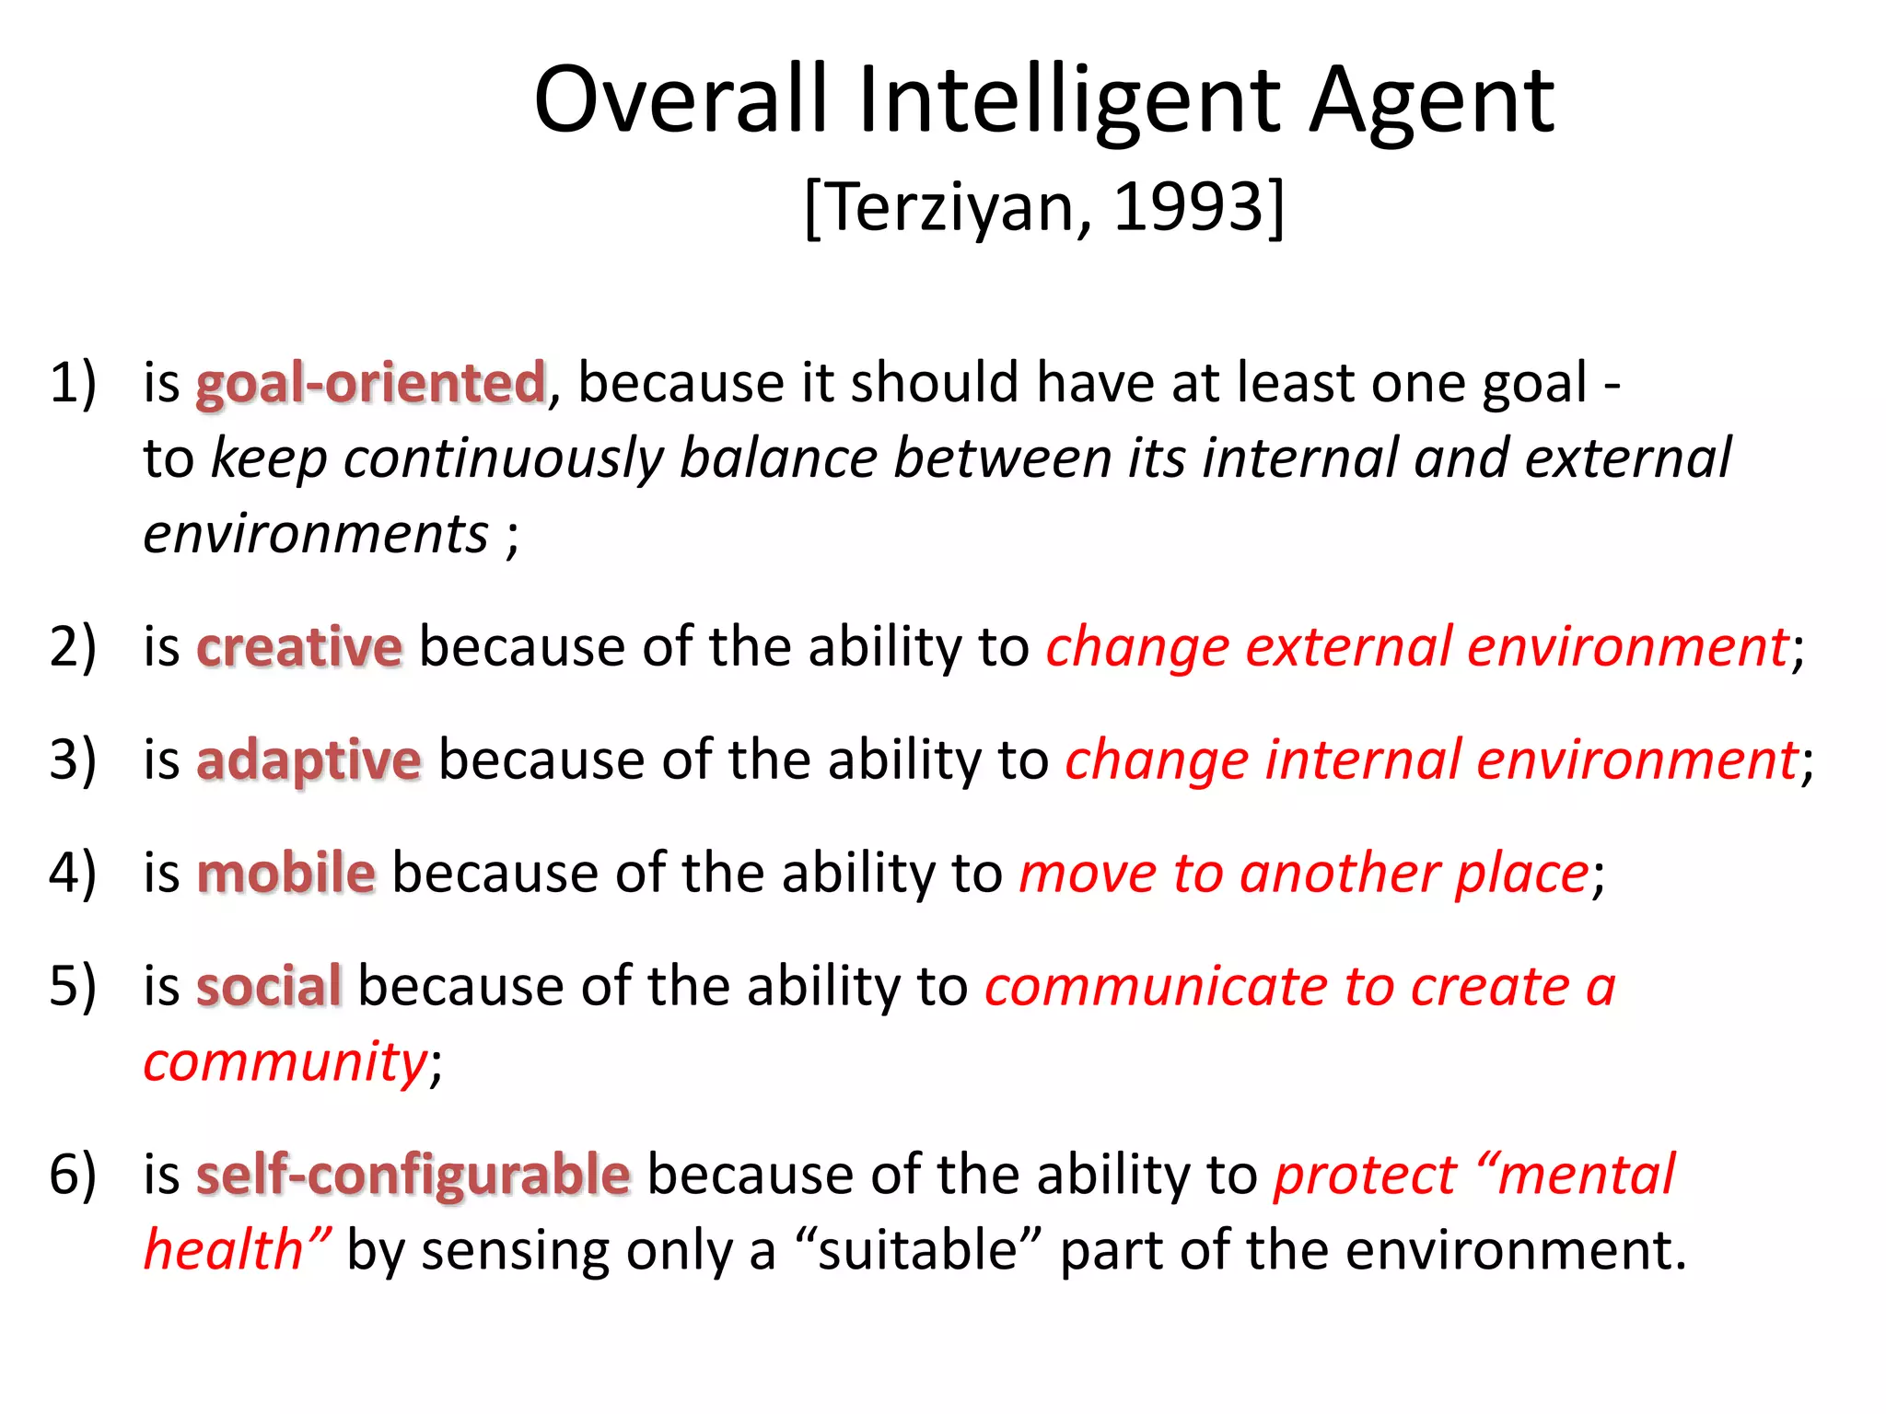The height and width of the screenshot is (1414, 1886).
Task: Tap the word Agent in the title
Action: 1432,101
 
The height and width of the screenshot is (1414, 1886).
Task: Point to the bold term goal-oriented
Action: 371,383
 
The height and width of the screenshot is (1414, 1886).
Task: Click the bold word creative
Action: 299,647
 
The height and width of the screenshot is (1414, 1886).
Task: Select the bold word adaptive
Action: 309,761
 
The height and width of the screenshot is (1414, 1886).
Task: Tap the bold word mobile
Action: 286,874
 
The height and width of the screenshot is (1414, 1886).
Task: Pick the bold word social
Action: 269,987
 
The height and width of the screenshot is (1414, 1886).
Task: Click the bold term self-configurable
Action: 413,1176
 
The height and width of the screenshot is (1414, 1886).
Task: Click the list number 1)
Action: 73,383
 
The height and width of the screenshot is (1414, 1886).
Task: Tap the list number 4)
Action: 73,874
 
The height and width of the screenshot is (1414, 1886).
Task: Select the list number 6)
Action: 73,1176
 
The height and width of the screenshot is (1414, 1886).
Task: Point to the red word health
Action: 224,1251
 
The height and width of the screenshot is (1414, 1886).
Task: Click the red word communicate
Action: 1156,987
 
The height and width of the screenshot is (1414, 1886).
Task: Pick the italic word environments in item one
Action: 316,534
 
